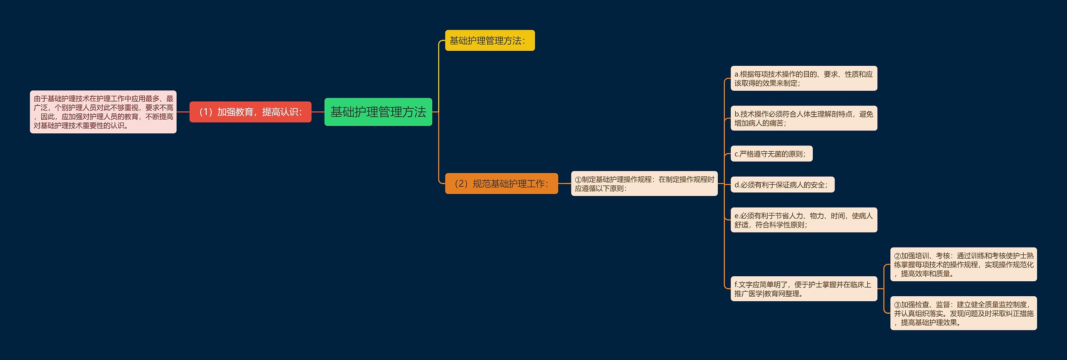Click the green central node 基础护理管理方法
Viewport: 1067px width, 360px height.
(378, 112)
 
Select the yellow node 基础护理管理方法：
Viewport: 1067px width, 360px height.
(489, 40)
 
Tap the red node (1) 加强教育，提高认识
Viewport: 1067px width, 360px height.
(250, 112)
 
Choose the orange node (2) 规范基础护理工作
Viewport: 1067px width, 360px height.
(501, 183)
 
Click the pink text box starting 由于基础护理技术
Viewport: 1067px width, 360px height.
(103, 112)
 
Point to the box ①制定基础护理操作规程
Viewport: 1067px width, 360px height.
(644, 183)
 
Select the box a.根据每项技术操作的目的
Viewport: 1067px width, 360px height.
(804, 78)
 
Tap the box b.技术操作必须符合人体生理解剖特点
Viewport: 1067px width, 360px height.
(804, 118)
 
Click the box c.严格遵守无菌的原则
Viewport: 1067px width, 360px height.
(771, 154)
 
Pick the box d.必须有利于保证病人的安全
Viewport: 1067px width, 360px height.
(782, 185)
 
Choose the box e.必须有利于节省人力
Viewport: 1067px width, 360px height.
(804, 220)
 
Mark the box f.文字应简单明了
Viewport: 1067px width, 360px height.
(804, 289)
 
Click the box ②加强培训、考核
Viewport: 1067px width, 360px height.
(963, 264)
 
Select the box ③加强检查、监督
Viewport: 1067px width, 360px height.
(963, 313)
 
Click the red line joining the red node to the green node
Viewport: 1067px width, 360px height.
(318, 112)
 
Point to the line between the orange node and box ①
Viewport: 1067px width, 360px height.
(564, 183)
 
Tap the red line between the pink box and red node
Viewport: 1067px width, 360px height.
(183, 112)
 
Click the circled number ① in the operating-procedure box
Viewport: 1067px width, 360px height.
(578, 180)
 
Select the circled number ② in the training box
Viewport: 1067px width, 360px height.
(897, 256)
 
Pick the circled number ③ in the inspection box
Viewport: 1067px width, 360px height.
(897, 305)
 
